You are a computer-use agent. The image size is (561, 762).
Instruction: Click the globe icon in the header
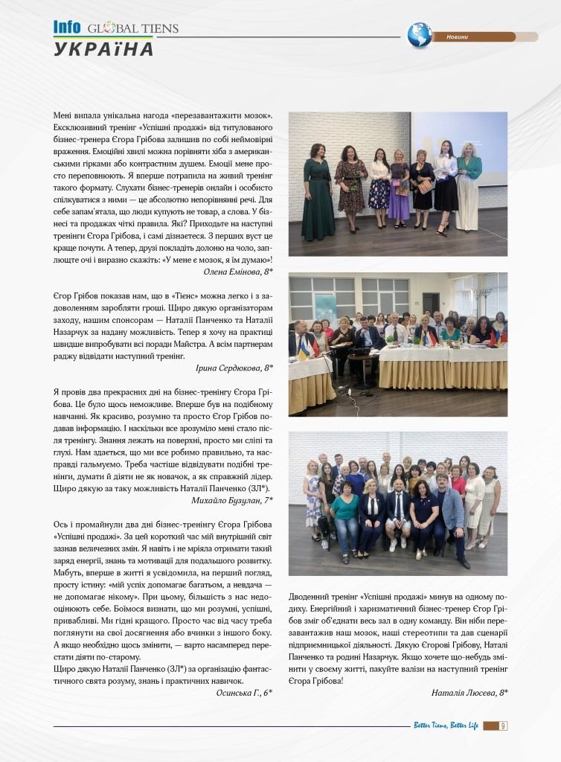click(420, 35)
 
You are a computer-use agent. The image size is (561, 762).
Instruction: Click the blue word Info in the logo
click(66, 28)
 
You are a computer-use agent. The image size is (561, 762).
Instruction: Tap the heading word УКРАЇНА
click(103, 50)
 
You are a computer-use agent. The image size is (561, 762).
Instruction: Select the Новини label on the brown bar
click(458, 37)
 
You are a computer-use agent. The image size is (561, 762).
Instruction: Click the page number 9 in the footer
click(504, 726)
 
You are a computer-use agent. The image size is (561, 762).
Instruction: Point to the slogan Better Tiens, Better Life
click(446, 726)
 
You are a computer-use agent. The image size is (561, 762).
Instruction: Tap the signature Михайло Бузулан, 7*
click(231, 500)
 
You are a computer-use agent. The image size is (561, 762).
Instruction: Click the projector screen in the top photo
click(459, 138)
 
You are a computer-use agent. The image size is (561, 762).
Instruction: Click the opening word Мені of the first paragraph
click(63, 116)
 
